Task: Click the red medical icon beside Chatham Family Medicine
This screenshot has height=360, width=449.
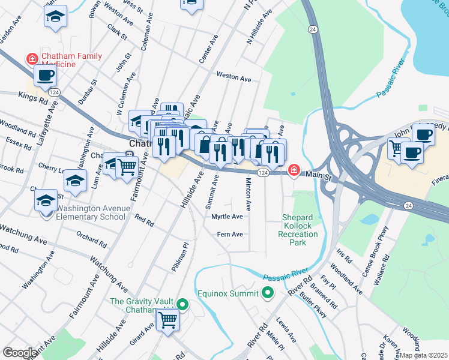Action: [30, 59]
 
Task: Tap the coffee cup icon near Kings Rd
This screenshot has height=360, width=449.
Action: [46, 76]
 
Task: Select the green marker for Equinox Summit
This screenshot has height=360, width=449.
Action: [267, 293]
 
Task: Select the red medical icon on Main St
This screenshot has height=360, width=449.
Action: [294, 170]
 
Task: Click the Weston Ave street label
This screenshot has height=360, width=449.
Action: [234, 77]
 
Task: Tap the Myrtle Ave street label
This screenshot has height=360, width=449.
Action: [227, 217]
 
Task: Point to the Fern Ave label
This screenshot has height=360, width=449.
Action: [230, 234]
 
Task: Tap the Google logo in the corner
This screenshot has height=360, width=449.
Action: [19, 353]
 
